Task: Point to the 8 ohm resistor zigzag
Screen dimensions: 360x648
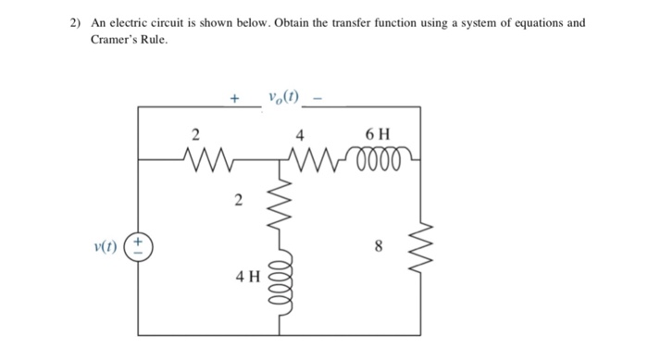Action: pos(420,246)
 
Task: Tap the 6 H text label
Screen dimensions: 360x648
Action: pos(379,132)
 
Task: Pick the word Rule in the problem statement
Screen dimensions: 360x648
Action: pos(153,40)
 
